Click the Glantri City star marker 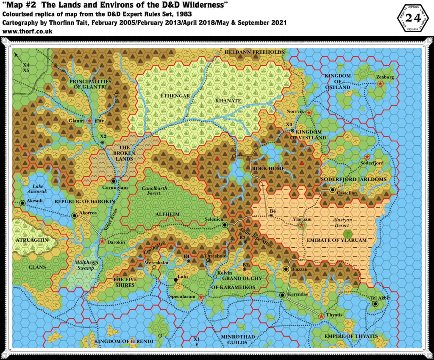[x=89, y=121]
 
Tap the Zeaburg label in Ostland [x=385, y=78]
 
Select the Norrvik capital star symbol [x=309, y=113]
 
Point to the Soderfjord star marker [x=367, y=157]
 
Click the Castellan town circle [x=333, y=190]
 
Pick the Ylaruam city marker [x=302, y=225]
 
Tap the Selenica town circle [x=225, y=224]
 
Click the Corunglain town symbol [x=114, y=181]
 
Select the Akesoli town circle [x=22, y=203]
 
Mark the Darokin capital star [x=102, y=241]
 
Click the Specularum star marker [x=201, y=297]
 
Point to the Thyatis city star [x=321, y=316]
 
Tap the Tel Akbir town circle [x=376, y=304]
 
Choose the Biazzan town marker [x=286, y=269]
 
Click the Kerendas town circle [x=282, y=295]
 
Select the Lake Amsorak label [x=39, y=189]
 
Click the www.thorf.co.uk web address [x=27, y=31]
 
